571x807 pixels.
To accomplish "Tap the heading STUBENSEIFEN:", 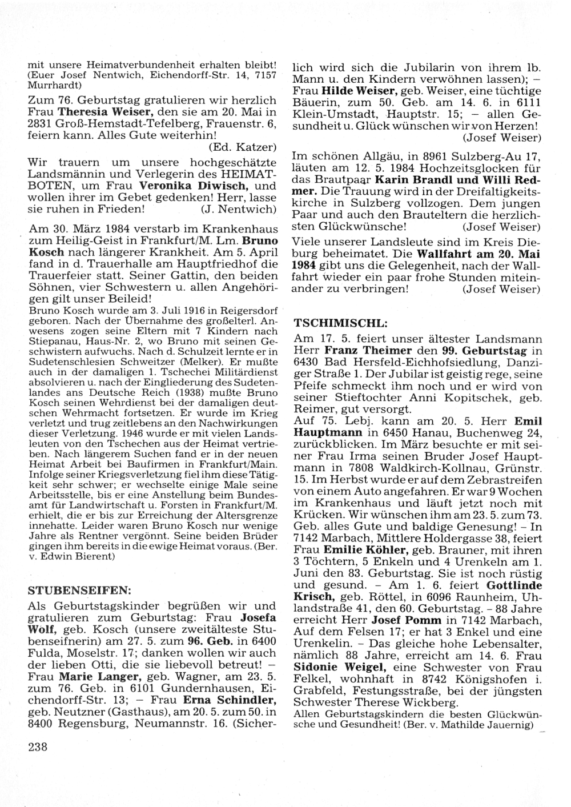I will [79, 589].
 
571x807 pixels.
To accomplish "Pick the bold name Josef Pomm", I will [406, 620].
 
